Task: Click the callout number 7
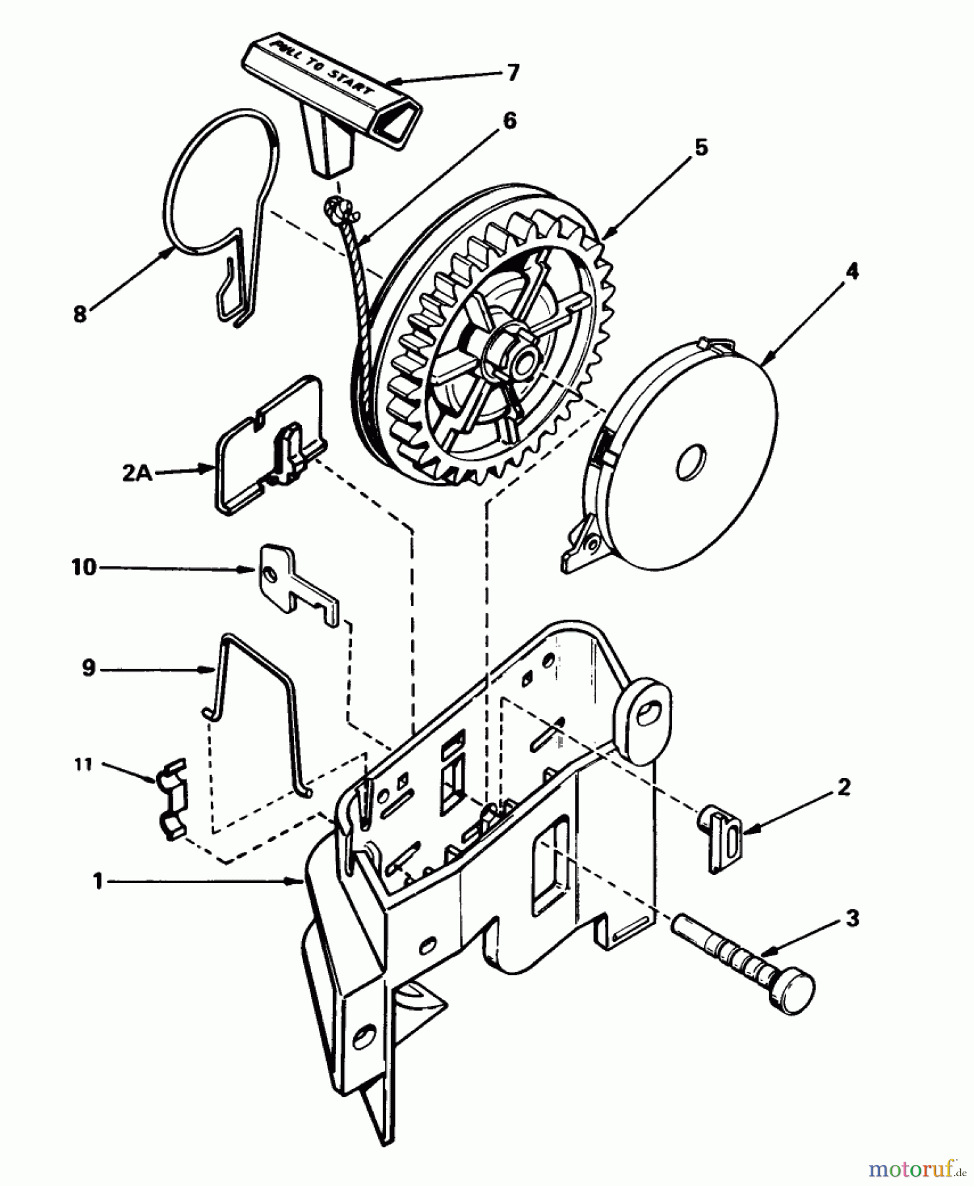point(513,72)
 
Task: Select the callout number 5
point(701,148)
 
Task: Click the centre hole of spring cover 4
point(691,459)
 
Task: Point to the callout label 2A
point(137,473)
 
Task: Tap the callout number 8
point(80,314)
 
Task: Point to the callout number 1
point(98,881)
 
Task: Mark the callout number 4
point(852,271)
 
